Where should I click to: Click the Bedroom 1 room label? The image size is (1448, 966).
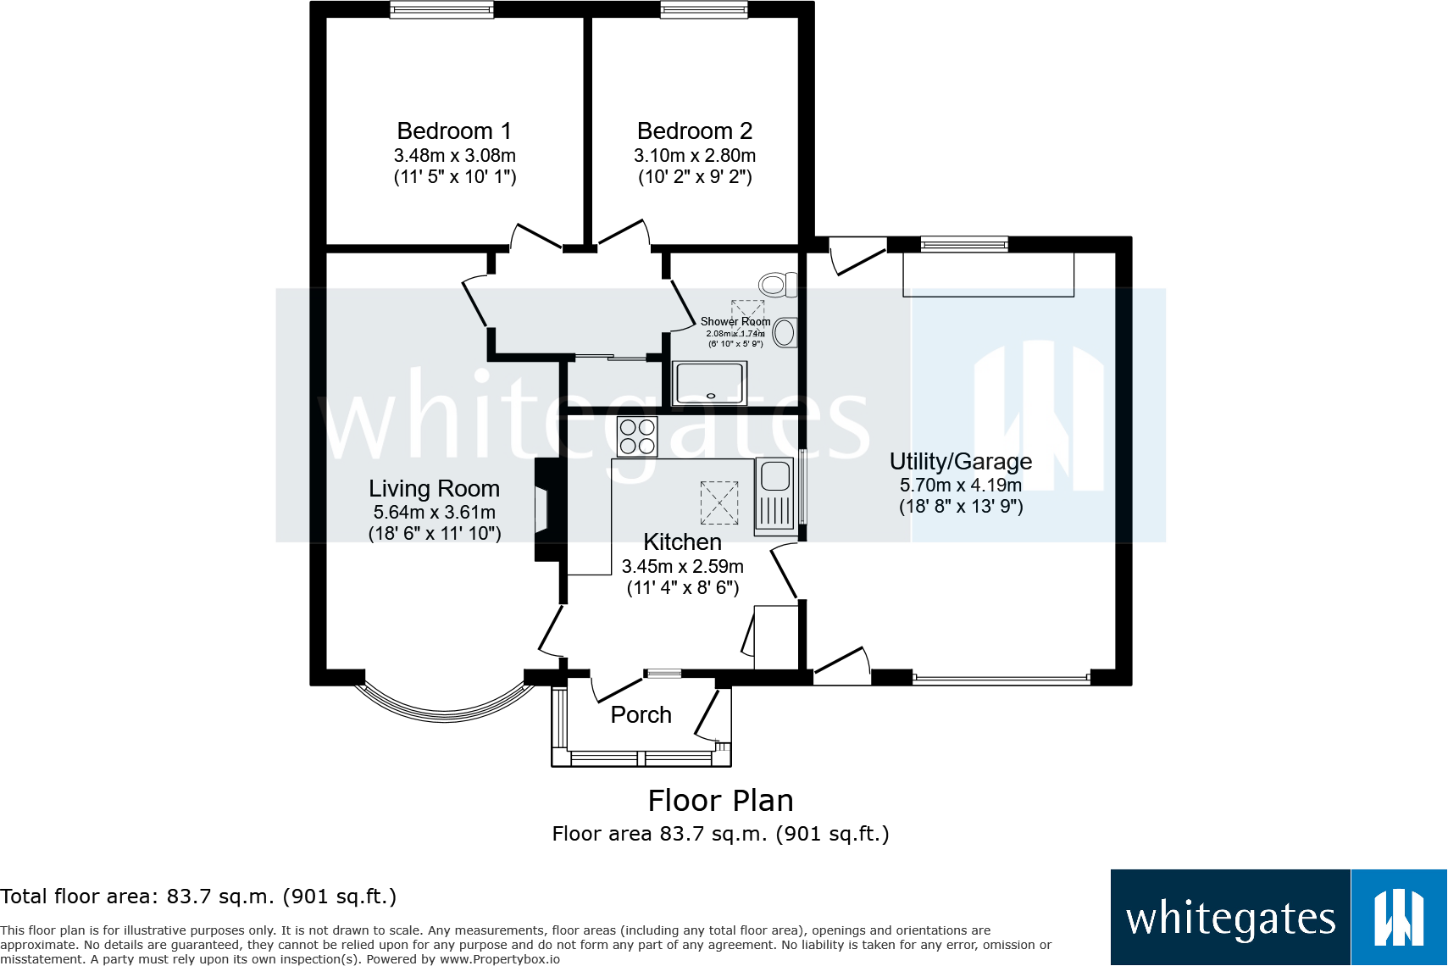coord(454,131)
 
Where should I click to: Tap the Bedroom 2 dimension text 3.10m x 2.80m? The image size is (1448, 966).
coord(695,156)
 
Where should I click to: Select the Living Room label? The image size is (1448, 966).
coord(434,489)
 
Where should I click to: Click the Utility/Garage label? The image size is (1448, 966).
coord(960,462)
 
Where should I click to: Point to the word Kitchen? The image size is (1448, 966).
coord(682,542)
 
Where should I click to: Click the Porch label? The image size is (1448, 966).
coord(641,715)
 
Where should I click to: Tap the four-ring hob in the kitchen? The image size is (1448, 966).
coord(637,437)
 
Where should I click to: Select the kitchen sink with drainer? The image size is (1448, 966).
coord(774,495)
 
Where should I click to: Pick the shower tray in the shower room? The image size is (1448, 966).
coord(710,383)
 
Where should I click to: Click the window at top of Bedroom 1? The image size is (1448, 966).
coord(441,10)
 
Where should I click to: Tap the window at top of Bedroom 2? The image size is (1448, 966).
coord(704,10)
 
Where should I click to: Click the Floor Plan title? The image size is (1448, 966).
coord(720,801)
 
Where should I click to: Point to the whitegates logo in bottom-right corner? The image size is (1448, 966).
coord(1278,917)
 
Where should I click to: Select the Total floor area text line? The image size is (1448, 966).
coord(198,897)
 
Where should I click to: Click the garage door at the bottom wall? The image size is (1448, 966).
coord(1001,678)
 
